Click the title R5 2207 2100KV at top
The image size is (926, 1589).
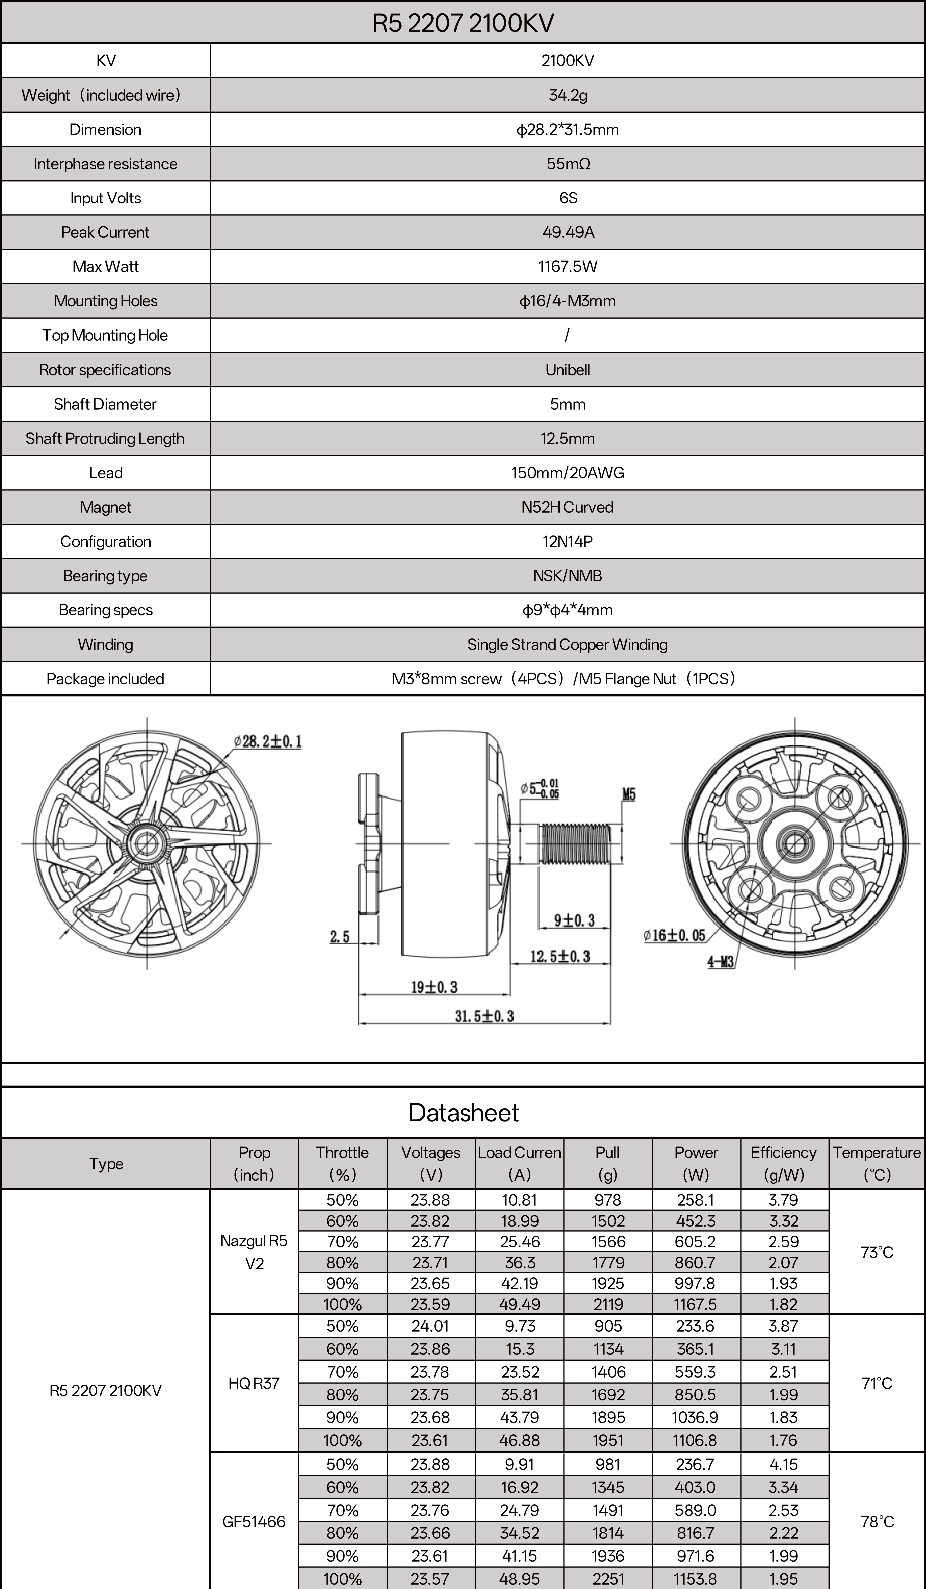point(463,23)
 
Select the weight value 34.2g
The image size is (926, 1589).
point(567,95)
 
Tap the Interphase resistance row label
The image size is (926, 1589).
point(105,164)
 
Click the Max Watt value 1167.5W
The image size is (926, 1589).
point(567,267)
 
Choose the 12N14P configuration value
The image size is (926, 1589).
point(567,542)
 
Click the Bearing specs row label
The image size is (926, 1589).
point(105,610)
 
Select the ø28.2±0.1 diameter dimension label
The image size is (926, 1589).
point(268,741)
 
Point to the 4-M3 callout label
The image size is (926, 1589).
point(721,962)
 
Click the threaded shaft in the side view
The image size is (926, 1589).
point(576,844)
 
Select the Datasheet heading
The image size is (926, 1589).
point(463,1113)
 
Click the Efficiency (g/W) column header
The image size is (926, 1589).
point(783,1163)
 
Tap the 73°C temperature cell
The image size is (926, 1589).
point(877,1252)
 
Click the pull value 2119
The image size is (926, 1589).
point(608,1304)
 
